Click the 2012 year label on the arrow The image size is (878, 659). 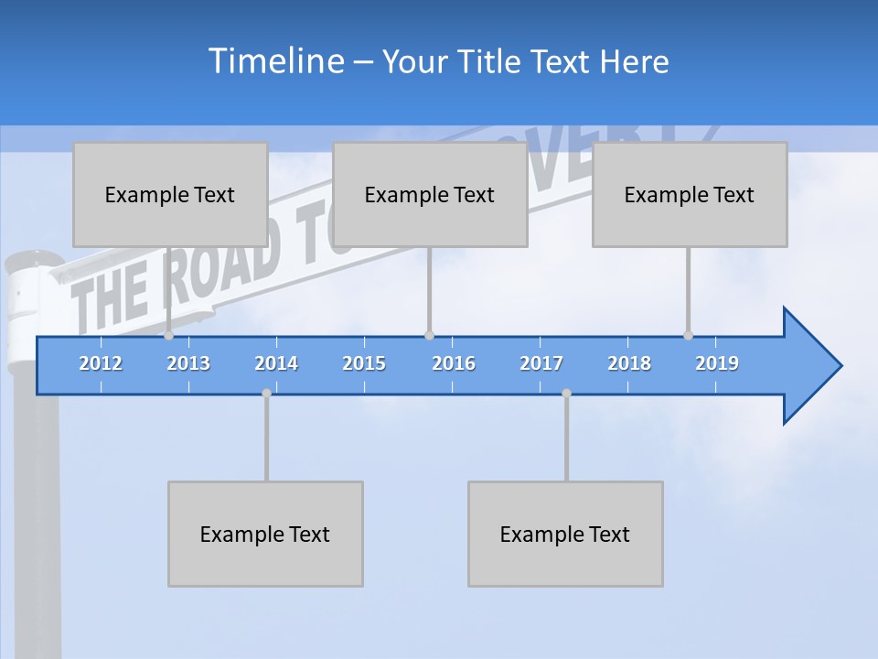click(101, 363)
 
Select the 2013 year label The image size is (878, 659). click(188, 363)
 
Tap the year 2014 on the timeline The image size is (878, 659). click(276, 363)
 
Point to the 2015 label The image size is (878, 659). click(364, 363)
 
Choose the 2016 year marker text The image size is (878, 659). click(454, 363)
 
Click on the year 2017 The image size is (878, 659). click(541, 363)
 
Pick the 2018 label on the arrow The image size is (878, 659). click(629, 363)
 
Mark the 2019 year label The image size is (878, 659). click(717, 363)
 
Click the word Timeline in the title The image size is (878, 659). click(277, 61)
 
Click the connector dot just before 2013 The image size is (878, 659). click(168, 336)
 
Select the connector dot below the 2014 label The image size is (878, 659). click(266, 394)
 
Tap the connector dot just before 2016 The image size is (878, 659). click(429, 336)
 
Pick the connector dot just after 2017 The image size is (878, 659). click(566, 394)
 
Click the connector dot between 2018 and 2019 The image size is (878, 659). click(688, 336)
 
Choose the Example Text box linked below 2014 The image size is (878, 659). click(265, 534)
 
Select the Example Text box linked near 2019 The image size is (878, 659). click(690, 194)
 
